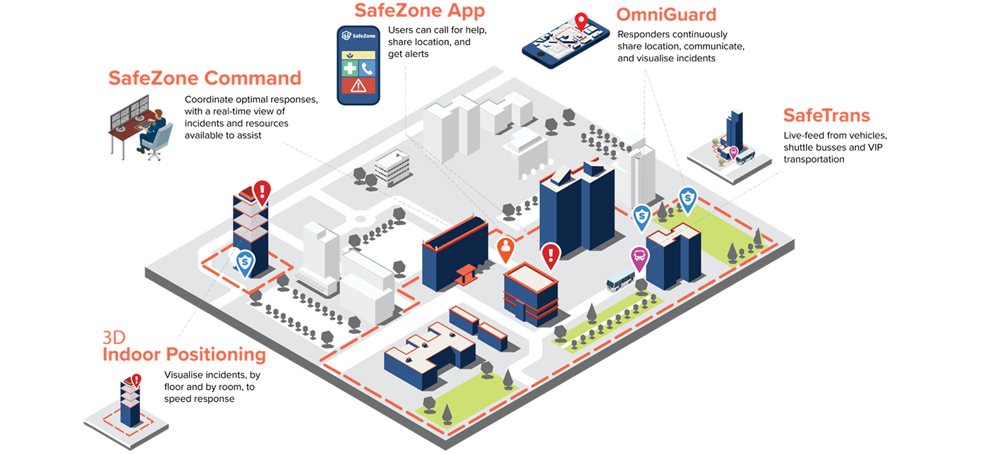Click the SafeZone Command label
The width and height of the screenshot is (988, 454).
point(205,78)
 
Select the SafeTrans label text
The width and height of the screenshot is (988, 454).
point(826,115)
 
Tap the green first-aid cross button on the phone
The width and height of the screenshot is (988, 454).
point(349,68)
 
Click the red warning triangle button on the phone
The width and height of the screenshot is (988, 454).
point(359,86)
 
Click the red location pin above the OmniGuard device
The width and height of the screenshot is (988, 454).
point(581,21)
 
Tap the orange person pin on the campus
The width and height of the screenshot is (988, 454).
point(505,249)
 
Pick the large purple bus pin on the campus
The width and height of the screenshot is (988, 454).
point(639,258)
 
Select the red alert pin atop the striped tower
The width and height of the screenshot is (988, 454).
point(263,191)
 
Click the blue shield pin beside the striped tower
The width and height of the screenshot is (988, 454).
point(245,263)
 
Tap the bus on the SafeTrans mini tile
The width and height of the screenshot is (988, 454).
point(745,157)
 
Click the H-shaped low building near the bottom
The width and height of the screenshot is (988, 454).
point(429,353)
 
